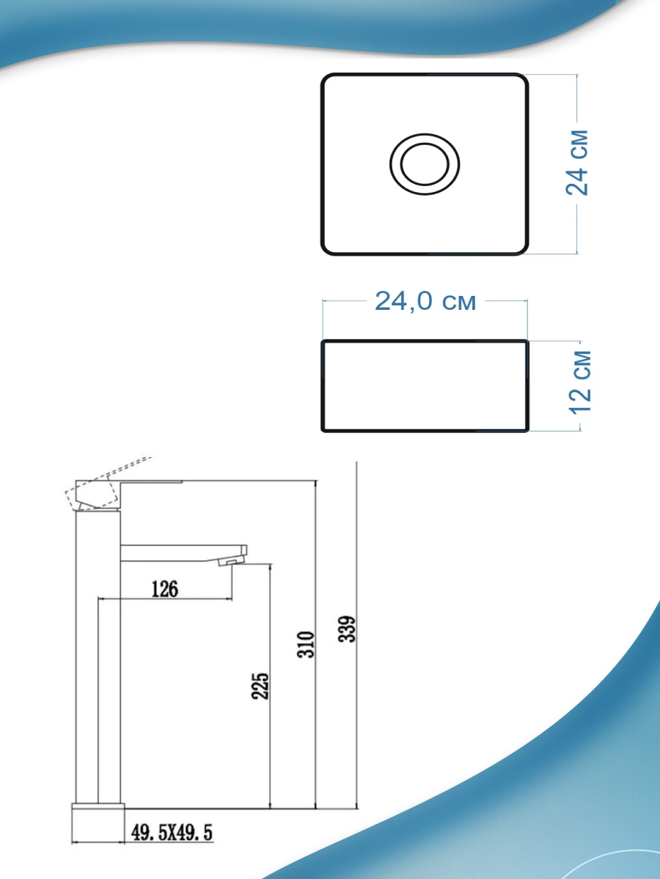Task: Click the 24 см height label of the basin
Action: [x=577, y=163]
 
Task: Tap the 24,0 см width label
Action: [x=425, y=301]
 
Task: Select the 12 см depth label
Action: [x=580, y=382]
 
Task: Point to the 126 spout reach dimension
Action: [x=165, y=589]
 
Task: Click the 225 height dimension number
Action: [x=260, y=686]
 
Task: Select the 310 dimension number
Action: [x=306, y=644]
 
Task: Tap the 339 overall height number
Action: [x=347, y=629]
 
